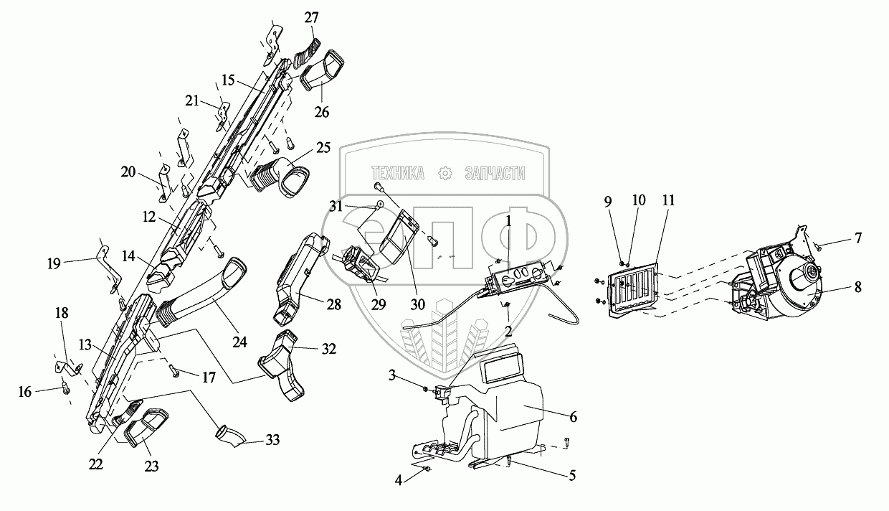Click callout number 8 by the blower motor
coord(857,287)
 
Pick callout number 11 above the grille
coord(668,202)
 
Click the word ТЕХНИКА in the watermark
coord(399,173)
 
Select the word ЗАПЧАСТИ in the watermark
coord(495,173)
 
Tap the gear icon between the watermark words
coord(445,173)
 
